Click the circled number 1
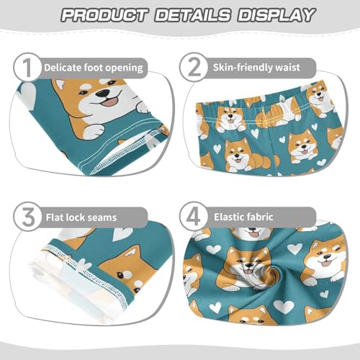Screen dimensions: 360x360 pos(27,68)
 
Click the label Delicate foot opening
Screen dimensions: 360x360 pos(94,68)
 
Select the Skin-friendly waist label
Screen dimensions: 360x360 pos(264,68)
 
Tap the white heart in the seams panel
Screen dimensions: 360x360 pos(123,235)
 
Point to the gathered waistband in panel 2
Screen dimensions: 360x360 pos(245,108)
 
